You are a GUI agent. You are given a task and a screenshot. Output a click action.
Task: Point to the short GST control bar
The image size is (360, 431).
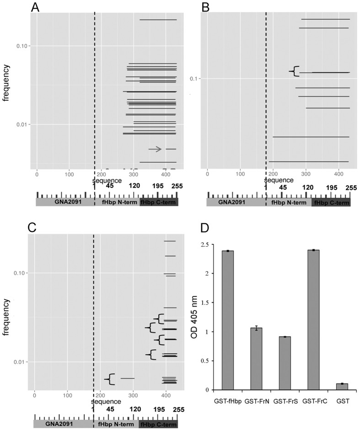click(x=342, y=387)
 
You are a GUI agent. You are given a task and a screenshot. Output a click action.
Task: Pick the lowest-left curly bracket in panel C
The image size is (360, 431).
click(x=109, y=379)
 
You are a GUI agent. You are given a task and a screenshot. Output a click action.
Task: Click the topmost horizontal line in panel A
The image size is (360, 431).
click(x=158, y=20)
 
